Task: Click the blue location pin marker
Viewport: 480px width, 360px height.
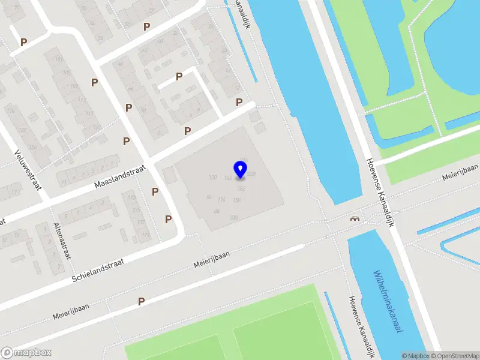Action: tap(241, 169)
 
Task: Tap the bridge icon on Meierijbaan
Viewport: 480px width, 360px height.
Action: tap(355, 218)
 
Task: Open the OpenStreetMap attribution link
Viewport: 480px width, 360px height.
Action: tap(455, 356)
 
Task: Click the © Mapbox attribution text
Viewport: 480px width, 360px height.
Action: tap(416, 356)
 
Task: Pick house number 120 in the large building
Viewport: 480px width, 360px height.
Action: tap(212, 178)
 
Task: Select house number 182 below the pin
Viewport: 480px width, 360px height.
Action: tap(241, 188)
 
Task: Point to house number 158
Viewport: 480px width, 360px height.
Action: tap(236, 200)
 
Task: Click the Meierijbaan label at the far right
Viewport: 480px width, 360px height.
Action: tap(460, 174)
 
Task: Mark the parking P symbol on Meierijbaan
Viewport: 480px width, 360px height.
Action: tap(142, 301)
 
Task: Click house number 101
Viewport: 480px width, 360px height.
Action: tap(58, 59)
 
